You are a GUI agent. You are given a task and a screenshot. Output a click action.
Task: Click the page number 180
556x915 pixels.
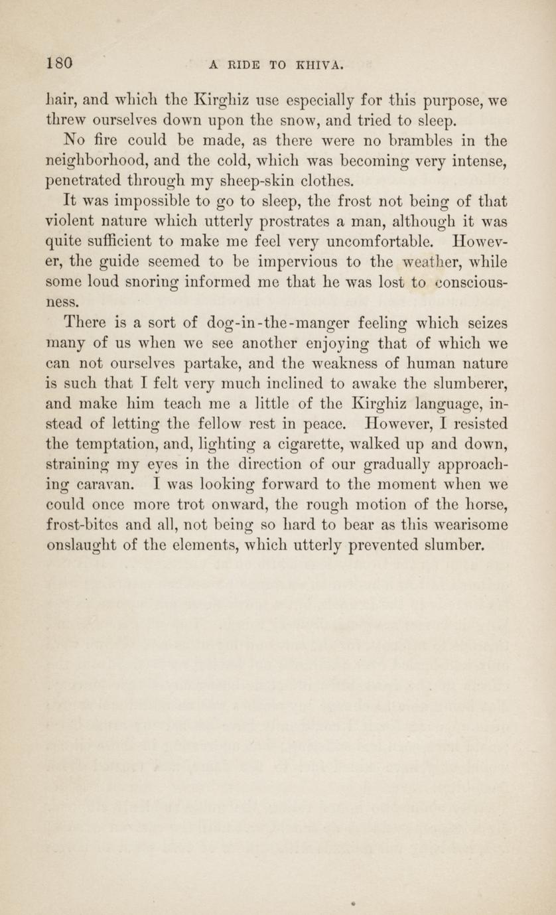[x=59, y=63]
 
